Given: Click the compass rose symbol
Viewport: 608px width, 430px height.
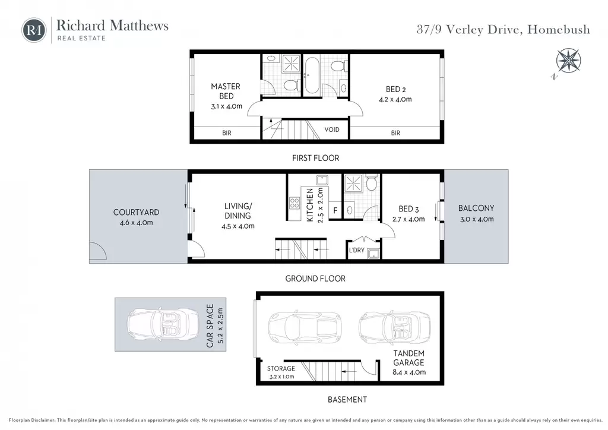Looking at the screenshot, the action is pyautogui.click(x=568, y=61).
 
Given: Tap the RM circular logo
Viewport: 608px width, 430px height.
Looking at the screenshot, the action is pyautogui.click(x=34, y=30).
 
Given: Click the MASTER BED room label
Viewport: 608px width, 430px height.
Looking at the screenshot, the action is pyautogui.click(x=226, y=91).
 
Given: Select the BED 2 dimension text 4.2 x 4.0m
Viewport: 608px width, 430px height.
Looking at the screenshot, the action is pyautogui.click(x=395, y=99).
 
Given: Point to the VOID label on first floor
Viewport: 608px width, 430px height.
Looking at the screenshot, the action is pyautogui.click(x=331, y=129).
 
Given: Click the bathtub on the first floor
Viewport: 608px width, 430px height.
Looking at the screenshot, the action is pyautogui.click(x=311, y=76).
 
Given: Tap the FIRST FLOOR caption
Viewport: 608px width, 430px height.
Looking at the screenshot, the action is pyautogui.click(x=316, y=158).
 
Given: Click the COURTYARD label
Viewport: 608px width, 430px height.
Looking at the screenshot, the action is pyautogui.click(x=136, y=212).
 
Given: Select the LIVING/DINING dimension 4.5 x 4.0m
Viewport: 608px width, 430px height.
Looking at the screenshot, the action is pyautogui.click(x=237, y=226).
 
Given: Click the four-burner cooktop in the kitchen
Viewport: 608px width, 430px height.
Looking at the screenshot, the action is pyautogui.click(x=294, y=203).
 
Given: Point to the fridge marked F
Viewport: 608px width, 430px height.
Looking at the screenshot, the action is pyautogui.click(x=335, y=210).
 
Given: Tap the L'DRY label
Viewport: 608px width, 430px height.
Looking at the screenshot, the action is pyautogui.click(x=356, y=250).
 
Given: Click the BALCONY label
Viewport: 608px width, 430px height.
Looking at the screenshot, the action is pyautogui.click(x=476, y=208).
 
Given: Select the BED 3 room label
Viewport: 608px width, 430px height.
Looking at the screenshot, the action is pyautogui.click(x=408, y=209).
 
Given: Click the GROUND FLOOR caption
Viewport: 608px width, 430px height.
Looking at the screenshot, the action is pyautogui.click(x=315, y=279).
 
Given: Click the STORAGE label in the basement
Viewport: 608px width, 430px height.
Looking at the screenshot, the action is pyautogui.click(x=281, y=368).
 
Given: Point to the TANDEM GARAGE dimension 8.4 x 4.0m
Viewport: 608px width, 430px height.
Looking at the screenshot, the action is pyautogui.click(x=409, y=372).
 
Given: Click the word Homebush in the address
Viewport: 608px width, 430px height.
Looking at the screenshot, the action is pyautogui.click(x=559, y=30).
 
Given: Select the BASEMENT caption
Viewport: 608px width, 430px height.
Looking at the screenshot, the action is pyautogui.click(x=347, y=399).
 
